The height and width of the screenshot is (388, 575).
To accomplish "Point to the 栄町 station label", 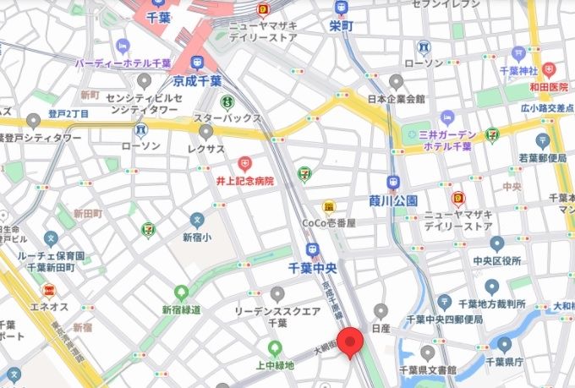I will [341, 26].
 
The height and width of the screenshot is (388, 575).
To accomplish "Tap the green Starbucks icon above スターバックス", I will [227, 101].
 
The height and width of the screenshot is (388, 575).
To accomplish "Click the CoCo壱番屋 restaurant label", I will [328, 222].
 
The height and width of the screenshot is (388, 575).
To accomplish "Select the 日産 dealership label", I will [380, 328].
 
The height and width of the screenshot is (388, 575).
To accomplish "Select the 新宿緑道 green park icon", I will [180, 292].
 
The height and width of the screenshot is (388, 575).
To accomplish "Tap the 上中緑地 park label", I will [274, 364].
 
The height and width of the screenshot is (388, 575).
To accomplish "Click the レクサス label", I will [205, 149].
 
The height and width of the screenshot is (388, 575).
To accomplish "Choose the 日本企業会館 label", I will [396, 99].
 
